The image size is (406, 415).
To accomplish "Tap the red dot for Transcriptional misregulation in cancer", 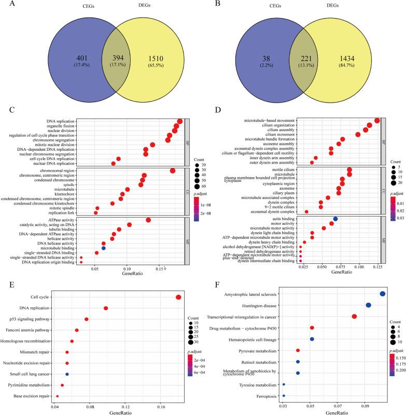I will coord(354,317).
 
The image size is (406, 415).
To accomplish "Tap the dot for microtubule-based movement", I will coord(377,121).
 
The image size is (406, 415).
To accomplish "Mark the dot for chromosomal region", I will coord(172,170).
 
